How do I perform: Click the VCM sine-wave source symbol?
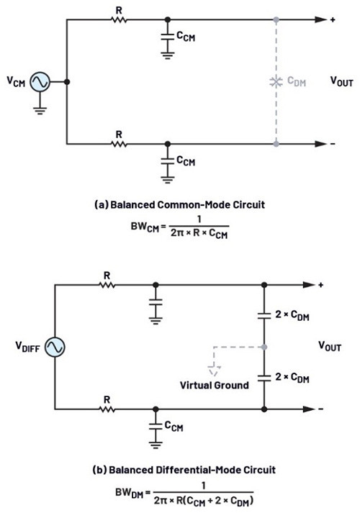click(x=40, y=82)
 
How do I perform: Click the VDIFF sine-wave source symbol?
click(x=55, y=347)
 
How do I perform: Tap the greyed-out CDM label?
click(x=297, y=81)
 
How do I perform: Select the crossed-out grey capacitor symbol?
click(x=276, y=82)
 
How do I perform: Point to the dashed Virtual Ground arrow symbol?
click(x=215, y=371)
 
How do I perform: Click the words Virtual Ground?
click(x=215, y=385)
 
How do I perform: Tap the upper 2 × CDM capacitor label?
click(x=292, y=315)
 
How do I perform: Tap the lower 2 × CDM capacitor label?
click(x=292, y=378)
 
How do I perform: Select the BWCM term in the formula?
click(x=145, y=227)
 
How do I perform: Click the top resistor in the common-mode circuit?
click(x=119, y=19)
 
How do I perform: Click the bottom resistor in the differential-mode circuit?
click(x=107, y=409)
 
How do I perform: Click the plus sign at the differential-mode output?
click(x=320, y=285)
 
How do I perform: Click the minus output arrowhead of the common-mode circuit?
click(x=320, y=144)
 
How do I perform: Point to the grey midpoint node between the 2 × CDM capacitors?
click(x=264, y=347)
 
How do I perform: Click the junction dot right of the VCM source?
click(x=67, y=82)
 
